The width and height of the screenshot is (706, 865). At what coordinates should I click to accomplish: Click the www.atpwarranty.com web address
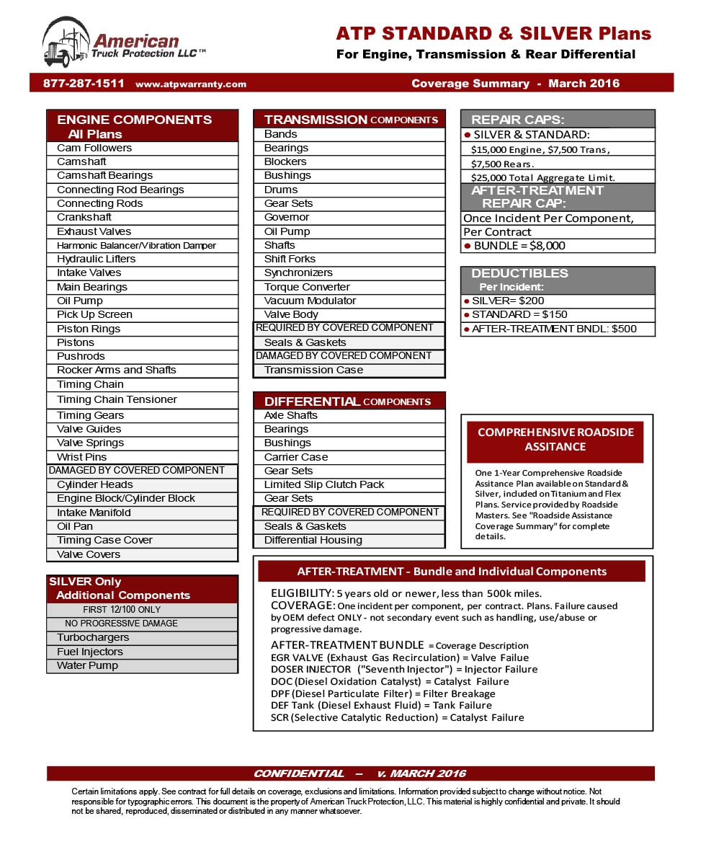coord(191,84)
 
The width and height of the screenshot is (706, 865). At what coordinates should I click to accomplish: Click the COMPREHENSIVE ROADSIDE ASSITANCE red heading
coord(555,440)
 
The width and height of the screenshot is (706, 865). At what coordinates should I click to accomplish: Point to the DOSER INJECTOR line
coord(403,670)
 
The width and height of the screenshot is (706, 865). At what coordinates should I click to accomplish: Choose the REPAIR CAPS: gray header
coord(558,120)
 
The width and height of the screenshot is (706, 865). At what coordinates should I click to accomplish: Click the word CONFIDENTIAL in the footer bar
coord(298,773)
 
